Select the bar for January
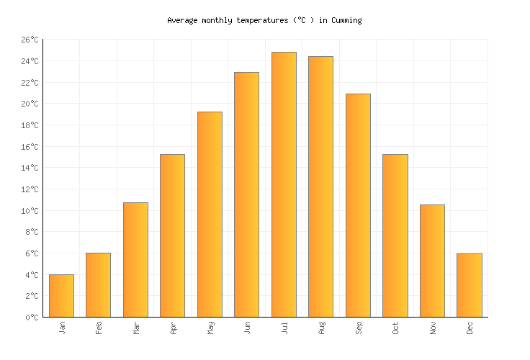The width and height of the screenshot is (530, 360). (61, 295)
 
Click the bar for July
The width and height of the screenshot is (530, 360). (284, 184)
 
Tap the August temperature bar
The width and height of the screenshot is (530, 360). (320, 186)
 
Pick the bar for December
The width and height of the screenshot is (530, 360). (469, 285)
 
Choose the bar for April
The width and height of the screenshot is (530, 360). (172, 235)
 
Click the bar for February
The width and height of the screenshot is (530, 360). (98, 284)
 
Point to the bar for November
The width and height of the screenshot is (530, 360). (432, 261)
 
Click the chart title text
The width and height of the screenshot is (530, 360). (264, 21)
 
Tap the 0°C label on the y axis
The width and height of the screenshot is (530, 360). (32, 318)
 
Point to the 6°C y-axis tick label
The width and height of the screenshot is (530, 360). (32, 253)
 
